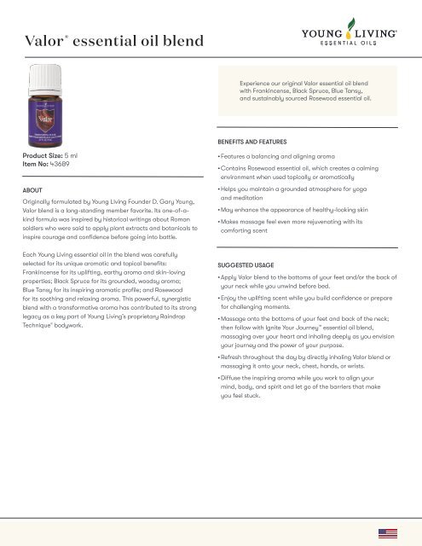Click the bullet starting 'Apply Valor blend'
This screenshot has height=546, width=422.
coord(315,287)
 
